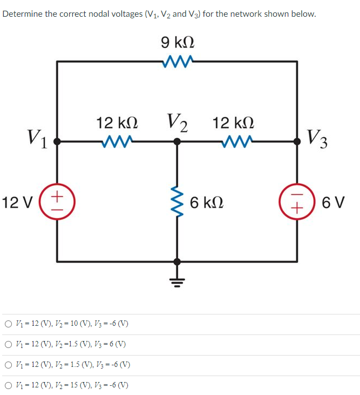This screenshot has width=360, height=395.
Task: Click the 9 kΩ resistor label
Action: tap(178, 42)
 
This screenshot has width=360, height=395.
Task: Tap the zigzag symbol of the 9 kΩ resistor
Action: tap(177, 62)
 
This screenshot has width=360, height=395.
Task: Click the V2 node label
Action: tap(177, 123)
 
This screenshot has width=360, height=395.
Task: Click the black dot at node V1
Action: tap(57, 142)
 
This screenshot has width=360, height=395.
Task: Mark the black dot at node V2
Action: tap(177, 142)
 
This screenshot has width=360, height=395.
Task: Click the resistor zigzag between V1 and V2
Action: tap(117, 142)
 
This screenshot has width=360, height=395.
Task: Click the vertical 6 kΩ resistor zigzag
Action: tap(177, 203)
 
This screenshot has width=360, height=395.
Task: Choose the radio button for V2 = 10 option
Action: tap(8, 324)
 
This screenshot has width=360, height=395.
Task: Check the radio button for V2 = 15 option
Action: tap(8, 386)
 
